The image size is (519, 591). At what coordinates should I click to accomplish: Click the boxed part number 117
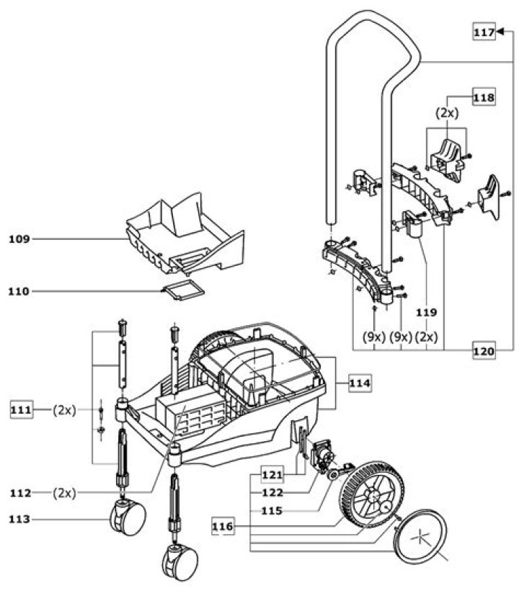click(484, 32)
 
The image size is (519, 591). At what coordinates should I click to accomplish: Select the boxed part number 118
click(484, 97)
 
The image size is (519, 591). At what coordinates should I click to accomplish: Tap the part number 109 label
click(19, 239)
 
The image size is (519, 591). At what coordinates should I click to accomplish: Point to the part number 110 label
click(19, 291)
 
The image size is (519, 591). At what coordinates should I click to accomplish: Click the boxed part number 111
click(21, 409)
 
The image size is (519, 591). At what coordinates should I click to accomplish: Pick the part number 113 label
click(19, 520)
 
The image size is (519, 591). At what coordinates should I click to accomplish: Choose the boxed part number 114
click(360, 383)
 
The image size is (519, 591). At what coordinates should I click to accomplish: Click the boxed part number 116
click(223, 526)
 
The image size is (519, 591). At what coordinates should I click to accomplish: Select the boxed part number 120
click(484, 351)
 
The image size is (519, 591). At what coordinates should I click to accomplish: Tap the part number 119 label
click(427, 313)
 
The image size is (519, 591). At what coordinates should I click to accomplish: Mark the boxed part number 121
click(272, 475)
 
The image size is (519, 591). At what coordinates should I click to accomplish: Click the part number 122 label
click(272, 493)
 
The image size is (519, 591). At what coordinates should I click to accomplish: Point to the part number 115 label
click(272, 511)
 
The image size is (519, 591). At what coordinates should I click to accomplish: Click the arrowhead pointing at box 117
click(500, 32)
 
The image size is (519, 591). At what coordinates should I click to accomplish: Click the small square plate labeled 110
click(183, 290)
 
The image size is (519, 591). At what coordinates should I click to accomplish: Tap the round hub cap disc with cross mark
click(420, 536)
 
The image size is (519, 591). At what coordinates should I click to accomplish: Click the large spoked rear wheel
click(372, 498)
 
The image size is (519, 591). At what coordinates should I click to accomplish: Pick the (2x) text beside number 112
click(64, 493)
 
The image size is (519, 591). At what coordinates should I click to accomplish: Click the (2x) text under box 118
click(448, 113)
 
